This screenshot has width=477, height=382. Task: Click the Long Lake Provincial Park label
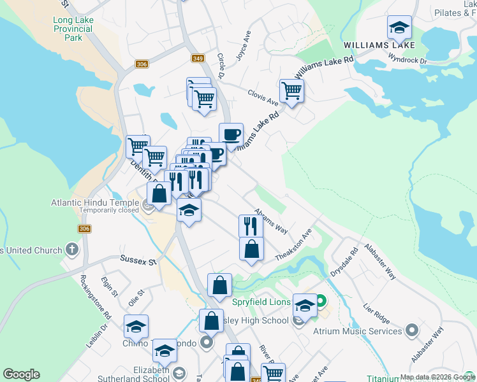(73, 29)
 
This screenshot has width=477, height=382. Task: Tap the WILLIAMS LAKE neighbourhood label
(379, 45)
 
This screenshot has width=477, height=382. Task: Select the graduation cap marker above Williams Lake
(399, 27)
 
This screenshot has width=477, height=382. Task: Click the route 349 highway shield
(197, 58)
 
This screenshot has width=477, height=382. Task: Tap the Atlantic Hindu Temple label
(95, 204)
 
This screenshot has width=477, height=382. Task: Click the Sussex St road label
(138, 260)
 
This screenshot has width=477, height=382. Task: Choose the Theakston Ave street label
(293, 244)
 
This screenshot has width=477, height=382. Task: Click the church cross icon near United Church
(72, 250)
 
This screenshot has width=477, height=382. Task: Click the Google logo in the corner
(21, 374)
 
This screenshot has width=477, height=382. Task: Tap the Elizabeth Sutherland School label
(133, 374)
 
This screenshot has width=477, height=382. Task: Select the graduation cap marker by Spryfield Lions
(305, 306)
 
